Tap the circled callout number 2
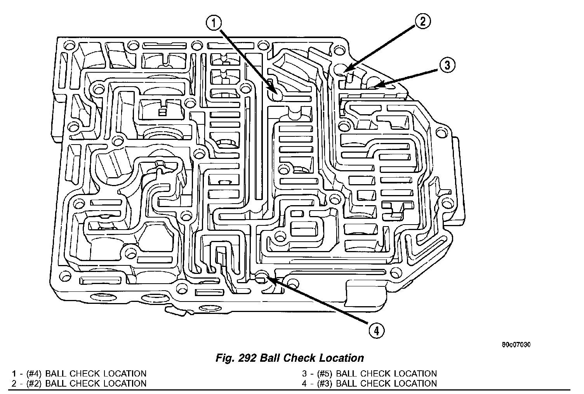(422, 21)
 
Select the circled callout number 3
(447, 65)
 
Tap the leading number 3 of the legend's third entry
(305, 374)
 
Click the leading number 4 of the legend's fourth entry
(305, 384)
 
